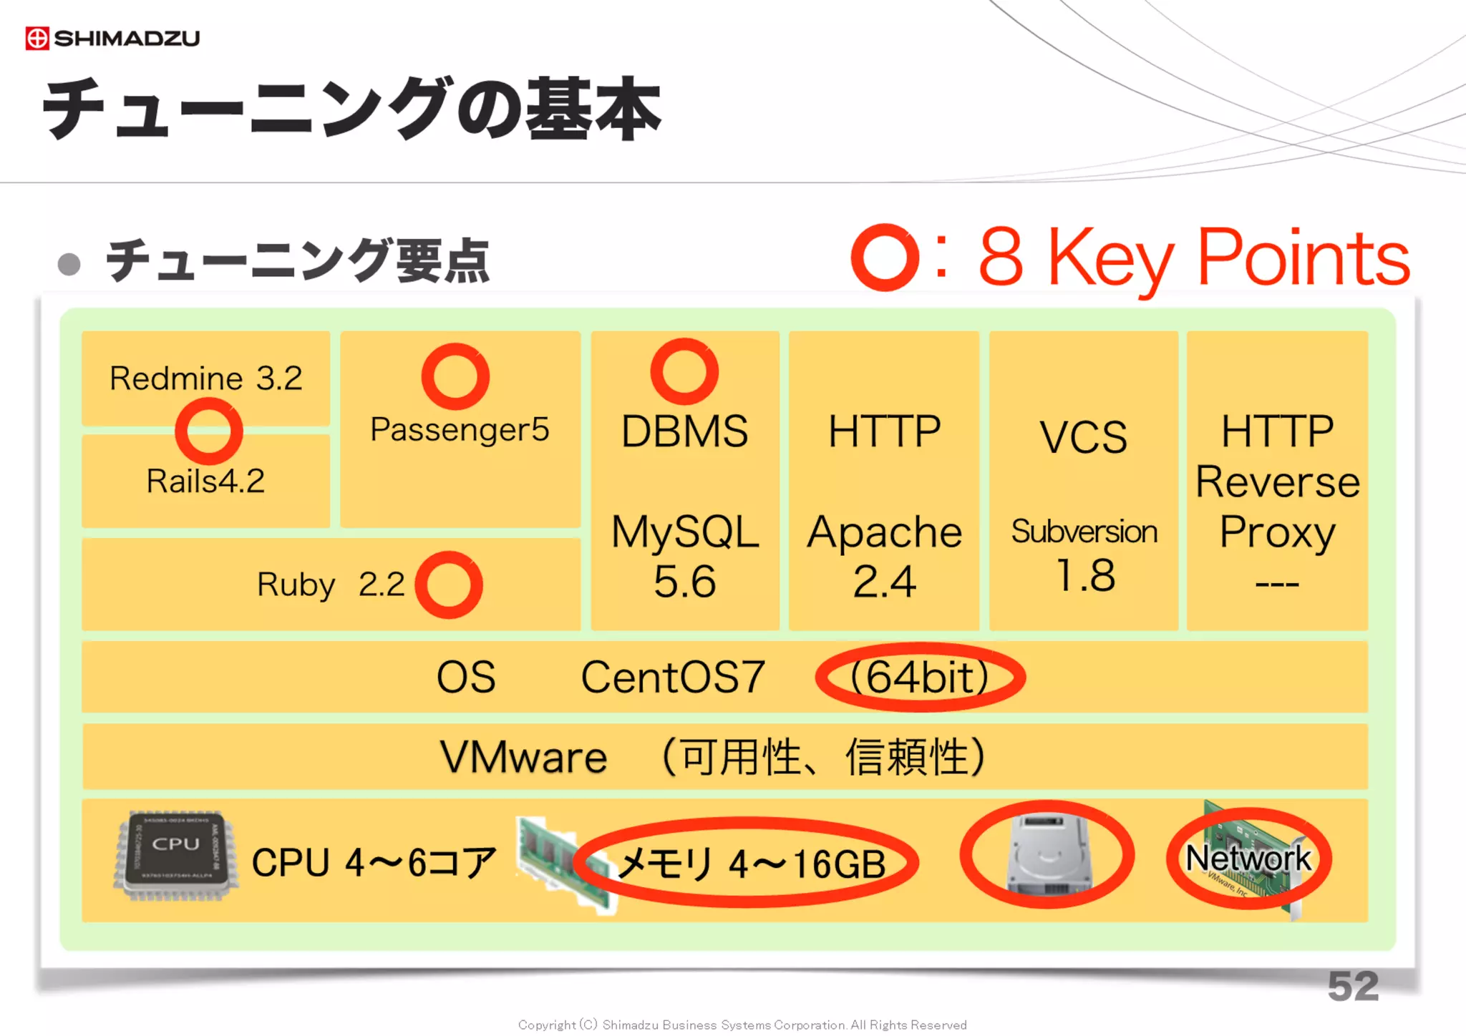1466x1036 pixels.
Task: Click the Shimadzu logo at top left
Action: click(x=112, y=38)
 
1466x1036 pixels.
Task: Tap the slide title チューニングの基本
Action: click(x=351, y=109)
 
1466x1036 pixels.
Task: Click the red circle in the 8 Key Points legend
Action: click(x=885, y=258)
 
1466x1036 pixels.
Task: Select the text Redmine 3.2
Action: click(x=205, y=378)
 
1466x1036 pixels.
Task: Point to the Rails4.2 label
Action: click(x=205, y=481)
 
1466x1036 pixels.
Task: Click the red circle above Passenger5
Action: click(x=455, y=376)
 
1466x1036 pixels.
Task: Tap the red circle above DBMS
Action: click(x=684, y=372)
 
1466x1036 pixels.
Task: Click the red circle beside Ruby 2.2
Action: click(x=449, y=585)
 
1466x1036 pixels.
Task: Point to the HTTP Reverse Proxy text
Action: click(x=1278, y=481)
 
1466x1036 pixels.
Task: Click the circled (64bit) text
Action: click(x=921, y=677)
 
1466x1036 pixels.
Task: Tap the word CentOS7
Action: click(x=673, y=677)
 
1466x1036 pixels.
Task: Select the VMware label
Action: click(x=523, y=757)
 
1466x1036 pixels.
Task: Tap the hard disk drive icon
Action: click(x=1047, y=854)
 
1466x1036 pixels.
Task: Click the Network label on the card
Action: click(x=1248, y=858)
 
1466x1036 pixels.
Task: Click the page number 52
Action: click(x=1352, y=987)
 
